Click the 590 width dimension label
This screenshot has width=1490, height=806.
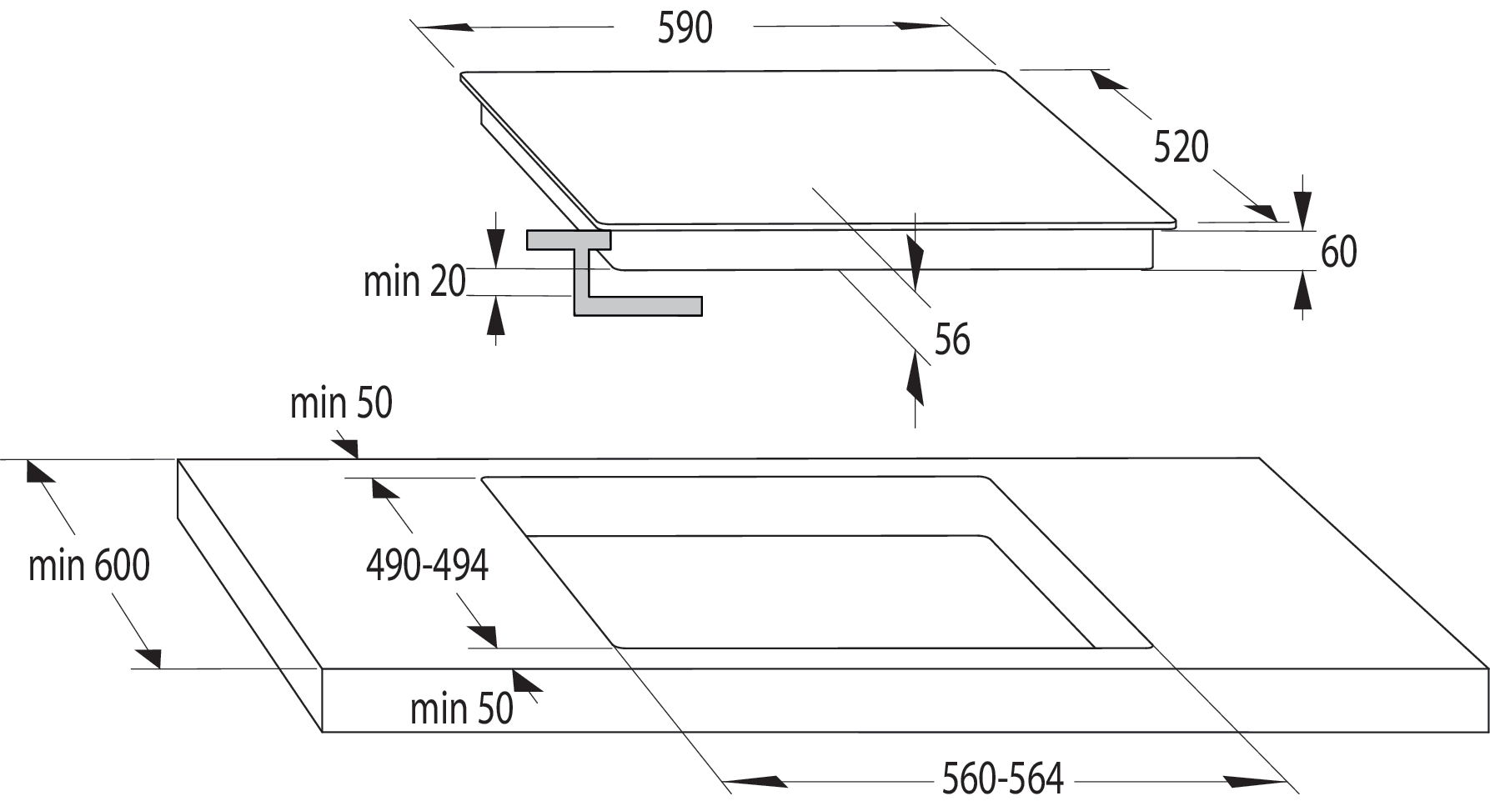[685, 28]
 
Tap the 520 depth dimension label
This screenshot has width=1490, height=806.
[1181, 148]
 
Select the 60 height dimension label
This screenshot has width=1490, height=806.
[1339, 252]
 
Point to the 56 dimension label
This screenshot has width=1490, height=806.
[952, 340]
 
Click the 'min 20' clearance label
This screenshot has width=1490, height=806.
[414, 281]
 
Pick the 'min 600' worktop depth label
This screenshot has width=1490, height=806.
[89, 565]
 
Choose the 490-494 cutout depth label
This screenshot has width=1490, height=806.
[427, 565]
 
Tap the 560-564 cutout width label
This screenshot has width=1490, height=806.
[1003, 779]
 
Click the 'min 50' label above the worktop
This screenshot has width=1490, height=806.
[341, 403]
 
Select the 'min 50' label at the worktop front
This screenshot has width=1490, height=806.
[462, 708]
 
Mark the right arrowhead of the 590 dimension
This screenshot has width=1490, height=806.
[923, 25]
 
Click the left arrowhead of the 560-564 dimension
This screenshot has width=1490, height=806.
[755, 782]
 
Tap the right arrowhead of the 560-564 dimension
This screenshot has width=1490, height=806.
[1256, 782]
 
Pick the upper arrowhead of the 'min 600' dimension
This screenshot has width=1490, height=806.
[39, 470]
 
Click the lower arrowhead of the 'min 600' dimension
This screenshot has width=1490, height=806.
[148, 657]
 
